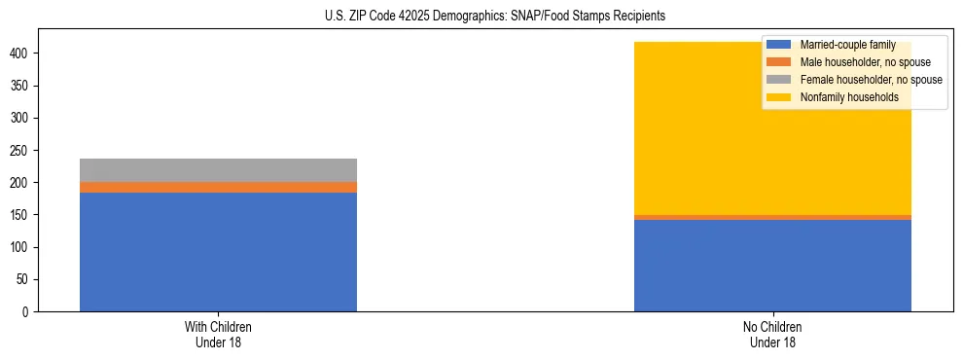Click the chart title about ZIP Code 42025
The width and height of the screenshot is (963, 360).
tap(495, 17)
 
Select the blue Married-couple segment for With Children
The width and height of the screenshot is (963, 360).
tap(218, 252)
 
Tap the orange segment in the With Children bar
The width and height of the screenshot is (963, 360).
tap(218, 187)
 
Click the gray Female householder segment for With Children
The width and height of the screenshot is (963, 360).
tap(218, 170)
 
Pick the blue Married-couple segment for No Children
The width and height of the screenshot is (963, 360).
tap(772, 266)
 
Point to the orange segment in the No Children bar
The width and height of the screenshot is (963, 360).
tap(772, 217)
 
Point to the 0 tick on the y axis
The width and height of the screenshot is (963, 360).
tap(27, 312)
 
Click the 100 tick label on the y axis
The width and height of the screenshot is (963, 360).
tap(21, 247)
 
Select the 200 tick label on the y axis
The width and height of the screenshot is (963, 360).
tap(21, 183)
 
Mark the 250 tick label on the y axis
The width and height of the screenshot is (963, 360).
tap(21, 151)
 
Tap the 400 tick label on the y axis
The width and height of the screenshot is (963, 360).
tap(21, 54)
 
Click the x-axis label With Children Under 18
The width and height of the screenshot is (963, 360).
tap(218, 334)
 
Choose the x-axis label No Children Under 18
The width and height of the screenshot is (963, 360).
tap(772, 334)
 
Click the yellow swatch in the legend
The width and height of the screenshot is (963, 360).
tap(779, 97)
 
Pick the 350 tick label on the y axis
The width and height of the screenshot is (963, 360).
tap(21, 86)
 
